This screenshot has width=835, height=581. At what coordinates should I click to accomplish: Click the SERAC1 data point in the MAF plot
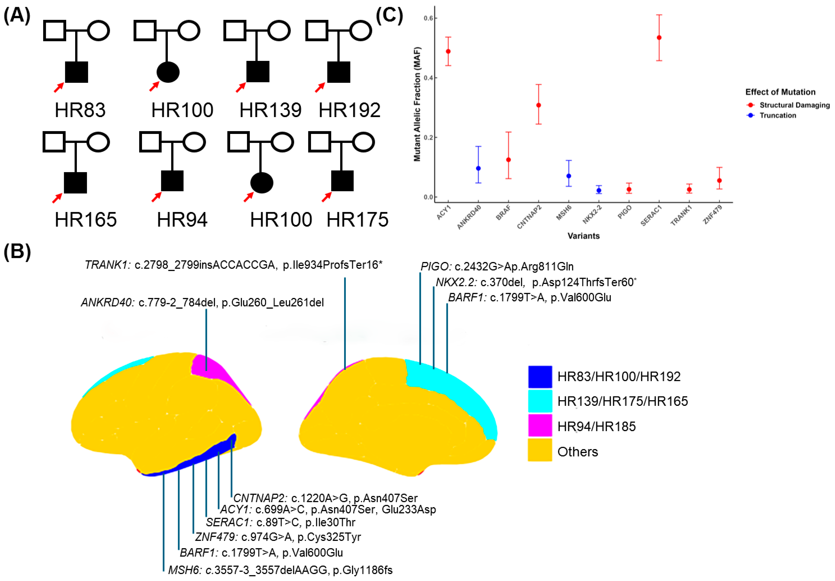[x=659, y=37]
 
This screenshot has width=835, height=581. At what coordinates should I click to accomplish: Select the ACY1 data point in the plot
[x=448, y=51]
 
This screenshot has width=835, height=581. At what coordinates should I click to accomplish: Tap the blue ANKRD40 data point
[x=478, y=169]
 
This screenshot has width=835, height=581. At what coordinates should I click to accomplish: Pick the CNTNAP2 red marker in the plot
[x=539, y=105]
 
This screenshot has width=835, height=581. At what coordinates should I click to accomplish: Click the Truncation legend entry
[x=778, y=115]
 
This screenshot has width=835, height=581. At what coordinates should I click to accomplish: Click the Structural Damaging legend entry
[x=794, y=105]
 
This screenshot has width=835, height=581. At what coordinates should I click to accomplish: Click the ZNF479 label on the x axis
[x=712, y=215]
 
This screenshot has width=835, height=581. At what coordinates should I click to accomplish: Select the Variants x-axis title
[x=583, y=236]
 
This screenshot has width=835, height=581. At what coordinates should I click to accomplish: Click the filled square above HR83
[x=76, y=72]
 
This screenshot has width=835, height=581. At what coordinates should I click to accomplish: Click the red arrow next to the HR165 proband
[x=57, y=198]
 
